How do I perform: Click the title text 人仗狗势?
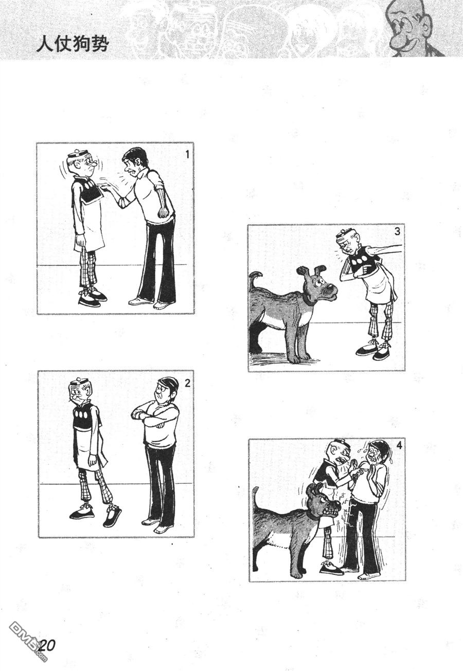pyautogui.click(x=72, y=45)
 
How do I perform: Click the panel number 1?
pyautogui.click(x=187, y=154)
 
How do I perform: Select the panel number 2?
pyautogui.click(x=187, y=383)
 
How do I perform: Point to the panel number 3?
pyautogui.click(x=397, y=231)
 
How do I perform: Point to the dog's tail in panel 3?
pyautogui.click(x=254, y=281)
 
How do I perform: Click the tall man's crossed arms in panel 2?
pyautogui.click(x=149, y=416)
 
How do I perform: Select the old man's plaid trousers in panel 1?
pyautogui.click(x=87, y=270)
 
